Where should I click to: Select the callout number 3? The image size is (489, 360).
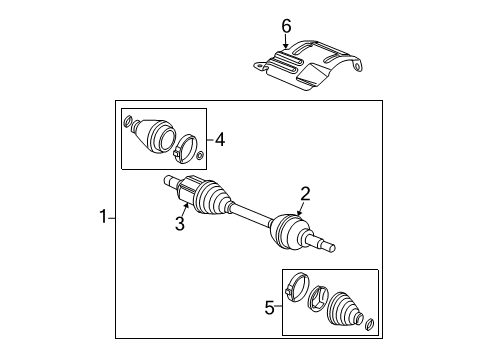click(x=180, y=224)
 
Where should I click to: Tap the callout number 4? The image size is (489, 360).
click(x=219, y=140)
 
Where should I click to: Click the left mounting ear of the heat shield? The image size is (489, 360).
click(x=259, y=65)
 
